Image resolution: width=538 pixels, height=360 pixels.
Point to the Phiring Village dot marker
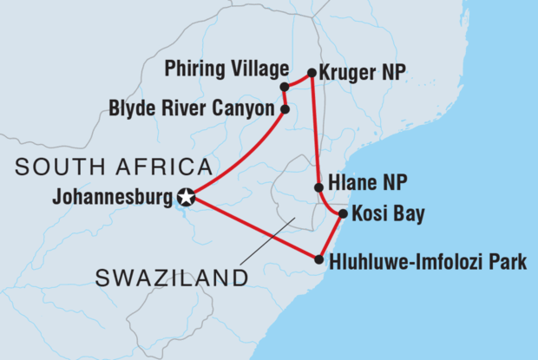point(284,86)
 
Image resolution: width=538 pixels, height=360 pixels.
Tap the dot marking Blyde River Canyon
point(285,109)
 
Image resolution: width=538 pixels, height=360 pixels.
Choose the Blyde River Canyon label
point(192,110)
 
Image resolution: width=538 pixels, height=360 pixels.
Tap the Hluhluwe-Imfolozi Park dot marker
point(320,259)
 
